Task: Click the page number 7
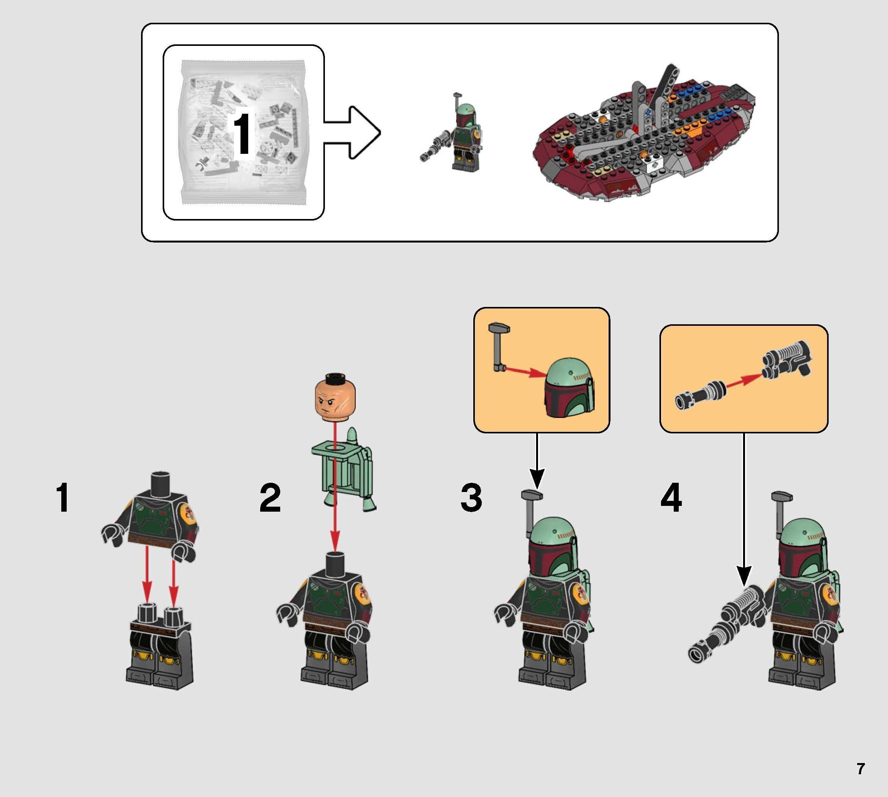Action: pyautogui.click(x=860, y=768)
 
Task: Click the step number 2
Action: pyautogui.click(x=270, y=498)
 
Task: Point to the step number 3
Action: pyautogui.click(x=471, y=498)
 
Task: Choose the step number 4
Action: pyautogui.click(x=671, y=498)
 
